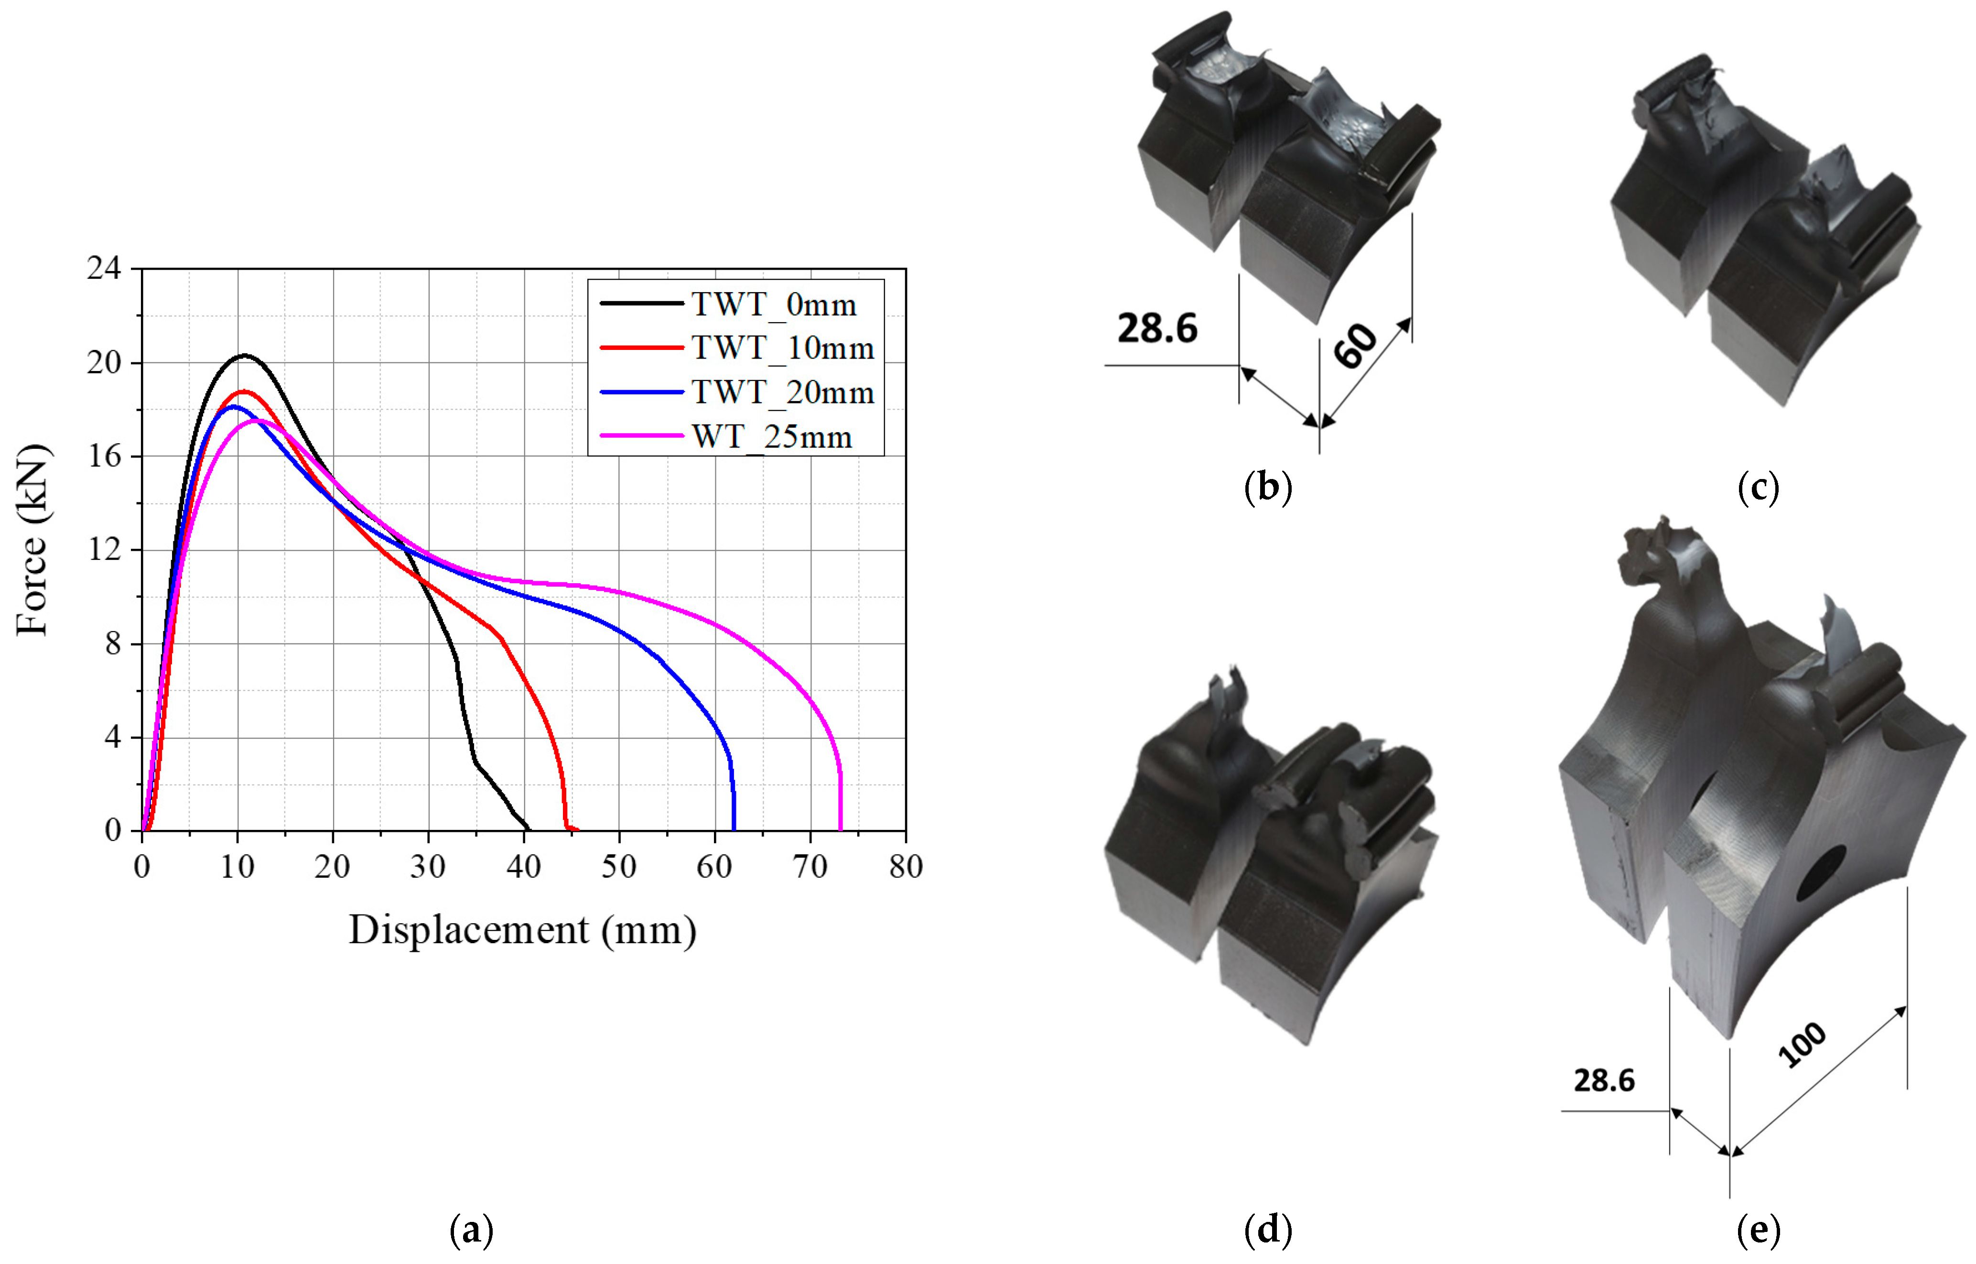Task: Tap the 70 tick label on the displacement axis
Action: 810,867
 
